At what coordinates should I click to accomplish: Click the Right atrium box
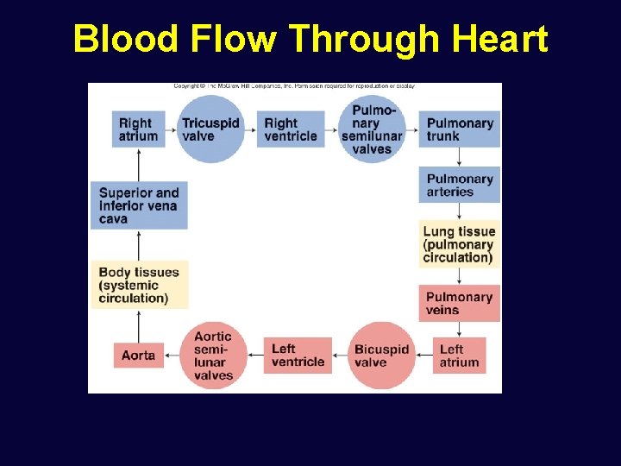(138, 129)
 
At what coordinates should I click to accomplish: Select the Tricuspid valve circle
(210, 129)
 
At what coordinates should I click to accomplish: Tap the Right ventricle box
(291, 129)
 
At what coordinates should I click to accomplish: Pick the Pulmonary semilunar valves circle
(373, 129)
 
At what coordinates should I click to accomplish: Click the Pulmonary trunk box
(460, 129)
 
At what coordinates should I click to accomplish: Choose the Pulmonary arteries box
(460, 185)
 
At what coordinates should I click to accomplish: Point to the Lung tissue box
(460, 244)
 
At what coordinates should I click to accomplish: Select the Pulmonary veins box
(460, 303)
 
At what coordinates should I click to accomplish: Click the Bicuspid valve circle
(380, 356)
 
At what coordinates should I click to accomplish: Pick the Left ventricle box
(298, 356)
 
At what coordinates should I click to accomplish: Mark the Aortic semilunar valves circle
(213, 356)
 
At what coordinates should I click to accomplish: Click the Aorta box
(139, 356)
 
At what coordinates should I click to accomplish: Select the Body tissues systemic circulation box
(140, 285)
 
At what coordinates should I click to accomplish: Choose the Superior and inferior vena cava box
(140, 205)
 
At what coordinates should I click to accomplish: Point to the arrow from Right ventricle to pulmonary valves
(334, 129)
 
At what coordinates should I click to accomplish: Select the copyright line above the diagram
(293, 86)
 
